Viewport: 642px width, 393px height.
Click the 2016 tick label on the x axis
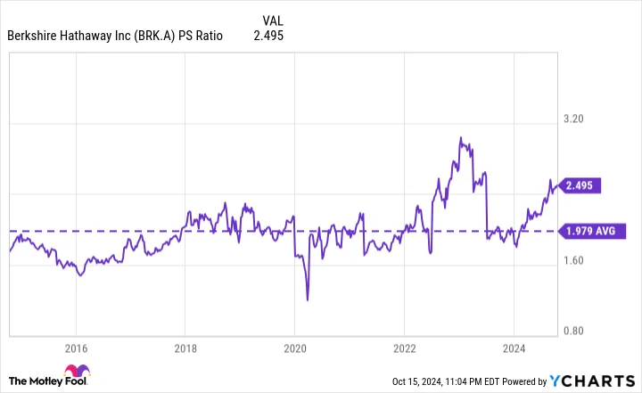[x=76, y=348]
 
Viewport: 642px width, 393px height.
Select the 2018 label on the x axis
[x=185, y=348]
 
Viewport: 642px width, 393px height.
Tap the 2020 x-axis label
[x=295, y=348]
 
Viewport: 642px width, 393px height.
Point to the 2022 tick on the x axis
[x=405, y=348]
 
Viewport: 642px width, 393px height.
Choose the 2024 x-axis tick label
[x=514, y=348]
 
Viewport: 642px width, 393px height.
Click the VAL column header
[x=275, y=20]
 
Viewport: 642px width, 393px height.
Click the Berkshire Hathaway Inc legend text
[x=115, y=37]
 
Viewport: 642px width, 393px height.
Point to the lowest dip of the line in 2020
[x=308, y=299]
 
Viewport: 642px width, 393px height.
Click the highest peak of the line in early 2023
[x=460, y=138]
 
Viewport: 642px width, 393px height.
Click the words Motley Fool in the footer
[x=36, y=382]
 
